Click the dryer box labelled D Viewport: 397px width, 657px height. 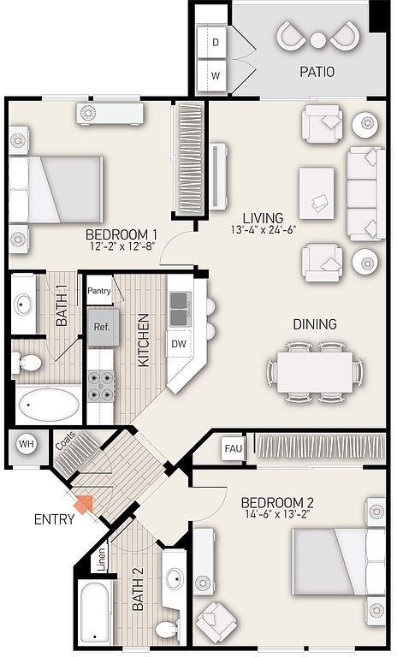211,42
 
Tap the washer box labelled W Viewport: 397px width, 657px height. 211,75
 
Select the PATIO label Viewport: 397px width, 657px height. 317,72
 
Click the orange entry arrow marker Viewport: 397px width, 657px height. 84,505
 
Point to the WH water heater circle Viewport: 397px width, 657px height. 27,444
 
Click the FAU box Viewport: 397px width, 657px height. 233,449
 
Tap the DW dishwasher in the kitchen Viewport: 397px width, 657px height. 179,344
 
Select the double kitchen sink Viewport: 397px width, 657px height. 181,309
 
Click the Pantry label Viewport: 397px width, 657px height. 99,291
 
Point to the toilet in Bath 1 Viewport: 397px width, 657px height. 27,363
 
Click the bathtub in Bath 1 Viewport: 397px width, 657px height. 49,405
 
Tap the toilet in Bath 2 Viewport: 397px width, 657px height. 169,628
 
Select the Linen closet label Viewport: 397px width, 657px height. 102,559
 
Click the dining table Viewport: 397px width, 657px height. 315,371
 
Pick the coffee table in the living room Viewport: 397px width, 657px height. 317,193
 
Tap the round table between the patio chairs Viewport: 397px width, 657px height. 318,40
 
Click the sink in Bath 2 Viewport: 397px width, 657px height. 175,579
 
